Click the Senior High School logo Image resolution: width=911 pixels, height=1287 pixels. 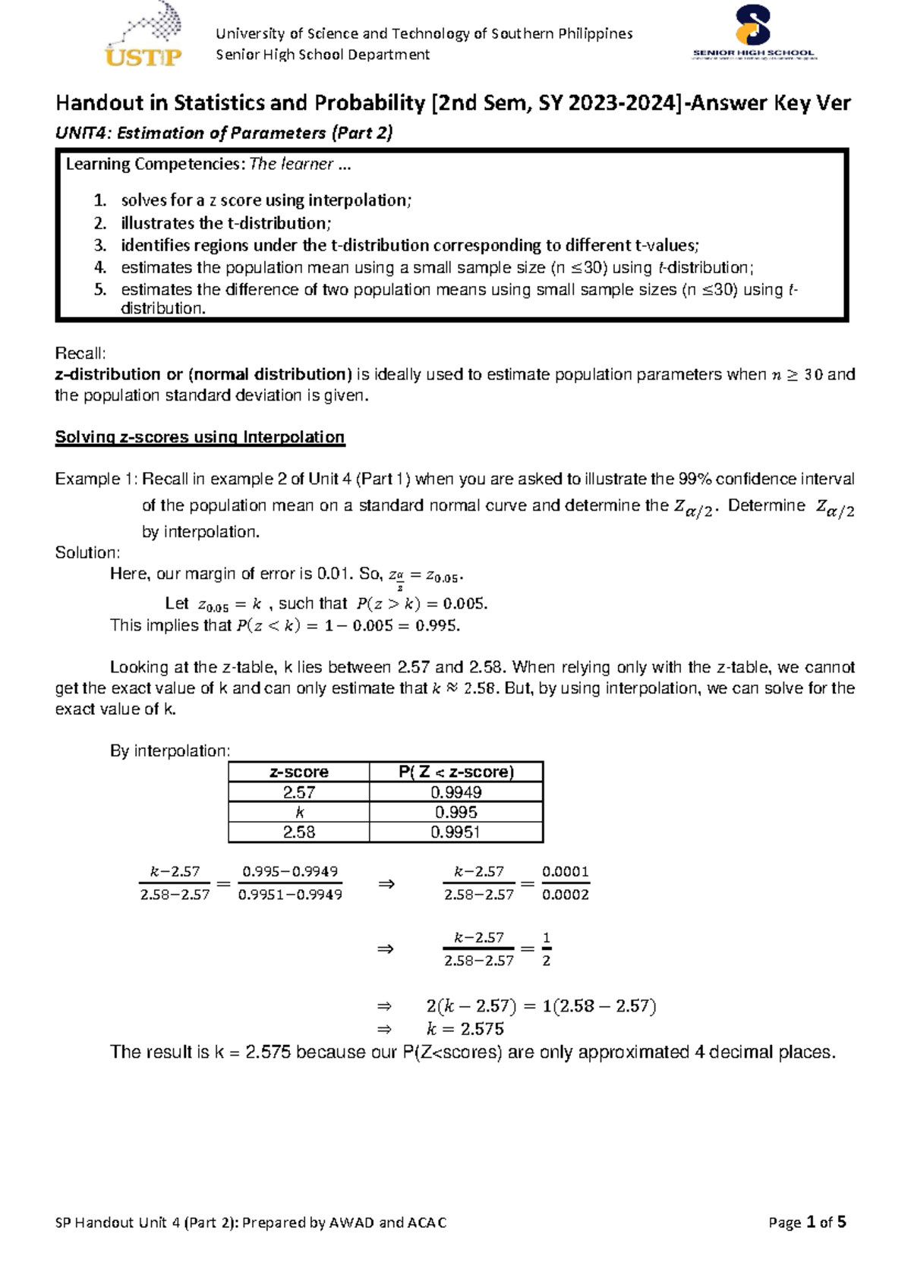click(x=753, y=34)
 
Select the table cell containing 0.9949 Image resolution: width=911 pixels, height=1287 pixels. click(x=456, y=792)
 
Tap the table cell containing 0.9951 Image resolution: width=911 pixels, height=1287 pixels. click(x=456, y=832)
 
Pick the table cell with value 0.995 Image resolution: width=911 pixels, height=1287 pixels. click(x=456, y=812)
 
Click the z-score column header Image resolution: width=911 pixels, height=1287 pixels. click(x=299, y=773)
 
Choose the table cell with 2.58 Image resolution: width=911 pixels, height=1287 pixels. click(x=299, y=832)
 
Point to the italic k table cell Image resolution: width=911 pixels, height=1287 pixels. click(x=299, y=812)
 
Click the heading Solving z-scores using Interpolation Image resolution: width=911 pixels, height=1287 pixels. click(x=200, y=437)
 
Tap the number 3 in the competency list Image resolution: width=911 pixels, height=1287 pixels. click(x=99, y=245)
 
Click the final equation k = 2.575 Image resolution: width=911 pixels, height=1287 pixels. click(x=465, y=1029)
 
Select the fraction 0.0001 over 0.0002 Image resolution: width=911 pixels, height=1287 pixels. click(x=566, y=883)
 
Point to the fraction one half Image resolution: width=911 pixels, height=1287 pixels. click(x=547, y=949)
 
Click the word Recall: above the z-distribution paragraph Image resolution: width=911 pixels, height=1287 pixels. click(x=80, y=354)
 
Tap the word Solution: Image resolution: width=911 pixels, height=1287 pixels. click(x=87, y=552)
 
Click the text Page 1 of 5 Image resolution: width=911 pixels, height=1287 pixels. click(x=807, y=1222)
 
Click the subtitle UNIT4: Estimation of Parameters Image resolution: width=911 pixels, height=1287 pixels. click(x=224, y=133)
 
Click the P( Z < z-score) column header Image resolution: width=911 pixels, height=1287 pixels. click(x=456, y=773)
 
